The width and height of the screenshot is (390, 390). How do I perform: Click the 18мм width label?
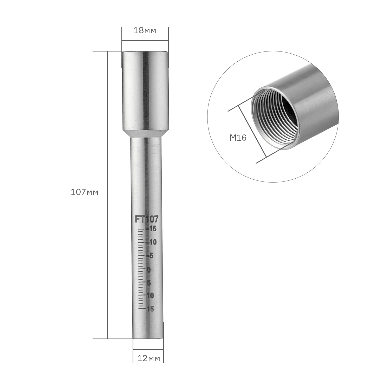(145, 31)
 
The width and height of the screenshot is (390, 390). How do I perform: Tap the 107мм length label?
(85, 192)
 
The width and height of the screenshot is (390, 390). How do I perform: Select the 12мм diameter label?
(149, 359)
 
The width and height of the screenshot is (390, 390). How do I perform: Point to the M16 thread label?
(238, 138)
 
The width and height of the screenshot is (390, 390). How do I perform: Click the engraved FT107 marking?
(147, 219)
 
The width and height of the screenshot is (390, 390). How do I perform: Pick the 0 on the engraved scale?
(148, 270)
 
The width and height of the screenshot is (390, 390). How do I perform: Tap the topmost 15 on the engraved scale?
(152, 229)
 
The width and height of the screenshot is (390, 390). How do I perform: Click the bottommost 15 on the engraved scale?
(150, 309)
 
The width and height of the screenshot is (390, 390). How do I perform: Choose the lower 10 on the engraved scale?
(150, 296)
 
